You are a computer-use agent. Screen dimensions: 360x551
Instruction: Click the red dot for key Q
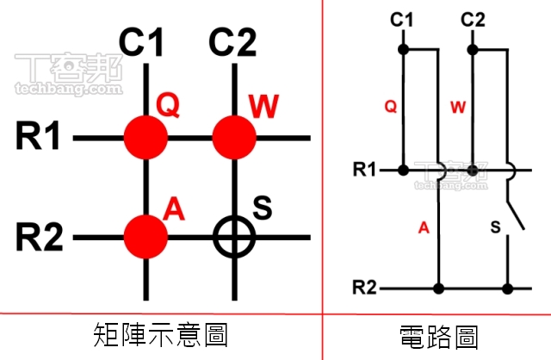(145, 136)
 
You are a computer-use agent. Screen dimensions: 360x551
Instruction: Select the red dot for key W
(234, 136)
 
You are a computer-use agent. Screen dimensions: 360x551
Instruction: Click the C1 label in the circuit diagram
(402, 20)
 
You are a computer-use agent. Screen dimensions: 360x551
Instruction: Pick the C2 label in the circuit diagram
(473, 20)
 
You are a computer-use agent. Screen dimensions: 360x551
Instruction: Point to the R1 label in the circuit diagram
(365, 170)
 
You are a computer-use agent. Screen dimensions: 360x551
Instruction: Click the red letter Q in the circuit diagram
(390, 108)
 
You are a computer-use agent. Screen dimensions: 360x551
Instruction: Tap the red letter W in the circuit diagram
(458, 108)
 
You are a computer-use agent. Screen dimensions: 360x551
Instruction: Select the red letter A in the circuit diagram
(423, 227)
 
